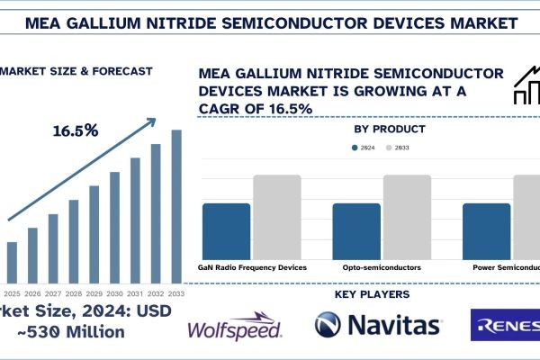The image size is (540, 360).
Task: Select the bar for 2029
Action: (x=94, y=233)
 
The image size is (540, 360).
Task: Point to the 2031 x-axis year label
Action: (x=135, y=293)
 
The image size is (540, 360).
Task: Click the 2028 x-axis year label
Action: (x=74, y=293)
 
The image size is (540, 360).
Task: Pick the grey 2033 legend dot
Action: (x=389, y=148)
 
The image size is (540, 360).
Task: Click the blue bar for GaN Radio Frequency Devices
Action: (x=226, y=231)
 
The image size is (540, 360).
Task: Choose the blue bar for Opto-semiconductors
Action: (x=356, y=231)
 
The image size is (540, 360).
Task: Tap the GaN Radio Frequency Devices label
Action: (x=252, y=267)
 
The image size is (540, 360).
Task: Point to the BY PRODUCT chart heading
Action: (x=390, y=130)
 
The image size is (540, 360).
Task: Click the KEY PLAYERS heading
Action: (x=371, y=294)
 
